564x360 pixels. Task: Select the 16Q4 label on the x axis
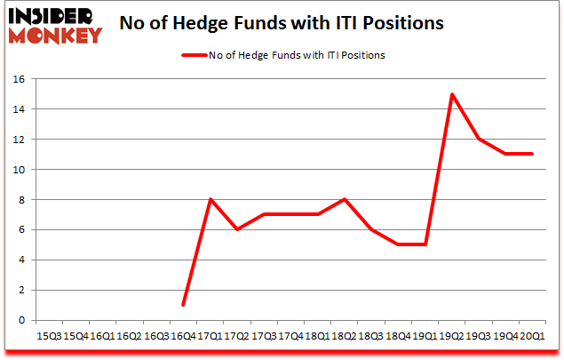183,336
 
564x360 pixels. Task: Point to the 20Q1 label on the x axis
533,336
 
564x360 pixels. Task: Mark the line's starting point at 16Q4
183,305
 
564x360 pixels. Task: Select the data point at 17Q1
210,199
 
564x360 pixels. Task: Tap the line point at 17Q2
237,229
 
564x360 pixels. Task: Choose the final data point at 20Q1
533,154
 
